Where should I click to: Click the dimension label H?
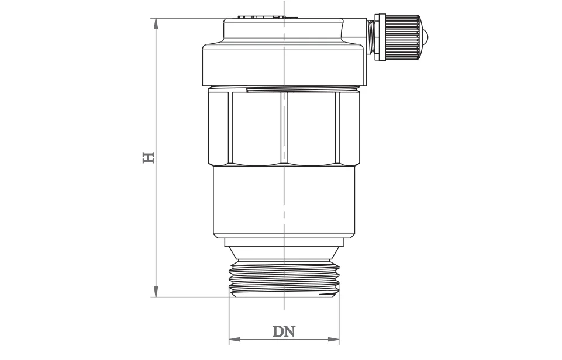pos(149,157)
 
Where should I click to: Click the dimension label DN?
pos(284,331)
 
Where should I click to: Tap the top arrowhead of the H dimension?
pos(156,23)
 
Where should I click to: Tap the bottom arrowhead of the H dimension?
pos(156,292)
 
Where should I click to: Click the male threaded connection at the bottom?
pos(284,279)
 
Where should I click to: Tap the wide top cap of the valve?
pos(284,64)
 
